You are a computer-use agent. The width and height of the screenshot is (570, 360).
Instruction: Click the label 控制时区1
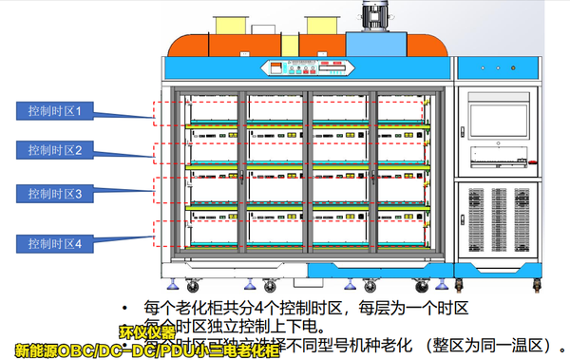54,111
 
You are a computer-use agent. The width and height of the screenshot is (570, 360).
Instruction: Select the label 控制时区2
54,150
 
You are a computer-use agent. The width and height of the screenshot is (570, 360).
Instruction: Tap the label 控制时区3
54,193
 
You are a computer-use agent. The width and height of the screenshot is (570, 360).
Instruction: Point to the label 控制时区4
54,244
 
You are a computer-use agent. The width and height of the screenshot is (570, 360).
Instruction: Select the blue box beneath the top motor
379,43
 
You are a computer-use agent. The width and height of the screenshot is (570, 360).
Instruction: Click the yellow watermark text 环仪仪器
148,333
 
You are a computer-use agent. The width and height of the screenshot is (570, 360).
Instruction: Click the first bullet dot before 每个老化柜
125,308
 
